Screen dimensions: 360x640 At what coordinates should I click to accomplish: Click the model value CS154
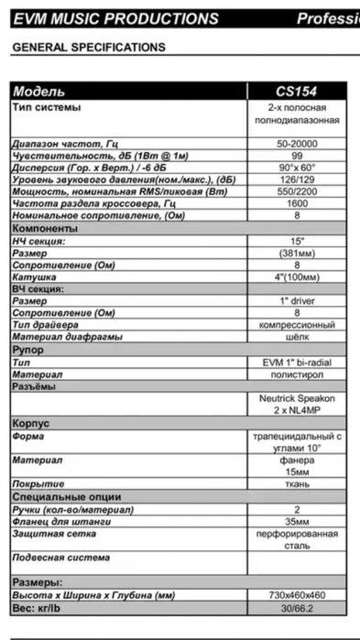297,92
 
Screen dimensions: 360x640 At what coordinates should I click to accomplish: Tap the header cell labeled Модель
40,92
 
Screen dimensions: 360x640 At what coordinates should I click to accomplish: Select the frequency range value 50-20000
297,145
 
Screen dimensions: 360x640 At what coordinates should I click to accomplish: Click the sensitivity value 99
297,157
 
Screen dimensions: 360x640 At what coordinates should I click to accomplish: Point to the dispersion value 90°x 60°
297,168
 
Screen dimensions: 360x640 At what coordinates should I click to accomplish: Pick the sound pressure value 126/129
297,180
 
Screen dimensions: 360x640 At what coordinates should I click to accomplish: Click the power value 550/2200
297,192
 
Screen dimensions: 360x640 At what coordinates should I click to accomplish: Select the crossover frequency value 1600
297,204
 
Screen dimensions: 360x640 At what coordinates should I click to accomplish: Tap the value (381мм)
297,253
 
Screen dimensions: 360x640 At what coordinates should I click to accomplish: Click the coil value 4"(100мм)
297,277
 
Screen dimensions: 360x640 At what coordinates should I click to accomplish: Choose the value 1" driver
297,300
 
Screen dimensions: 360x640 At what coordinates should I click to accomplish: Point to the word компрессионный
297,325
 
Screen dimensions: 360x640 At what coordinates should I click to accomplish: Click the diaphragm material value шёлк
297,337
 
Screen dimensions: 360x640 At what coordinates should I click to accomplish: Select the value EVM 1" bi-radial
297,363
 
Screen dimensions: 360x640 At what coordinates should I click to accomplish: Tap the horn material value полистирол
297,374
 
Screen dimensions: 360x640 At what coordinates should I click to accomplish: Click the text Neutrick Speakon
297,399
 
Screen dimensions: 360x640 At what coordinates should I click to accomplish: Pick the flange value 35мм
297,521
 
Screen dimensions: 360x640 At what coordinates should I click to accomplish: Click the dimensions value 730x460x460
297,595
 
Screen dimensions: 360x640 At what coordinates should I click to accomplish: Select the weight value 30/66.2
297,607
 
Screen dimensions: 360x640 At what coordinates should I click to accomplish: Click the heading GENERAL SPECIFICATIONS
89,47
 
